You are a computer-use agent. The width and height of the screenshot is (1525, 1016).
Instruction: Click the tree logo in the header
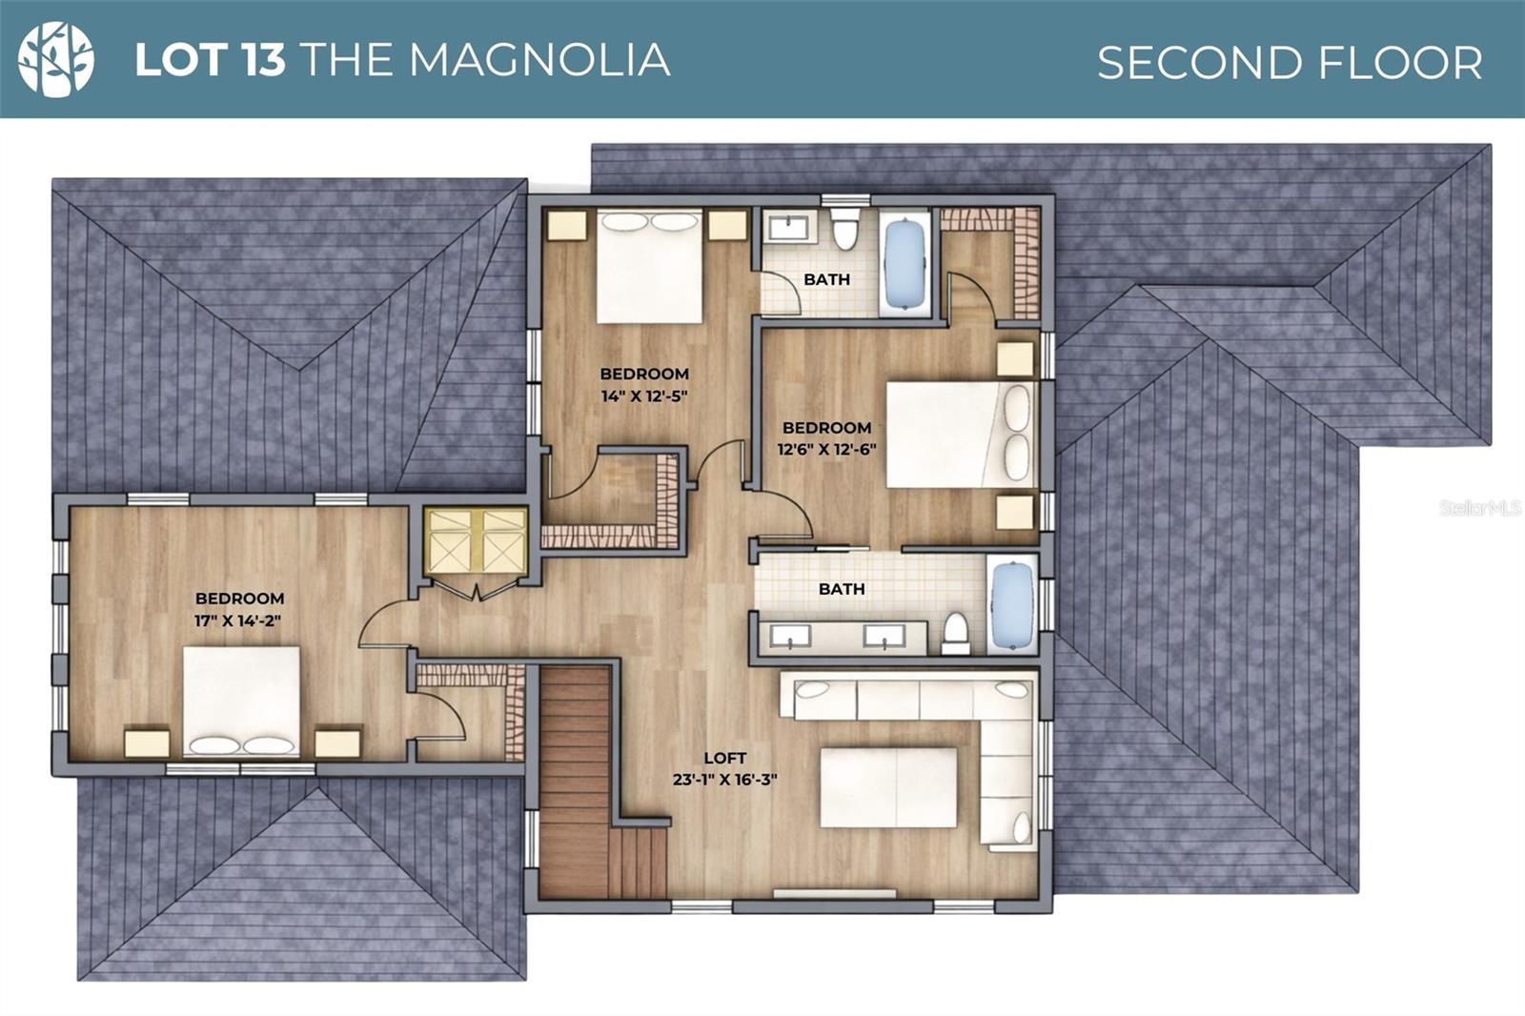click(x=56, y=59)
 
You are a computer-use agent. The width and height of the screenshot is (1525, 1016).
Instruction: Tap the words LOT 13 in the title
click(x=210, y=59)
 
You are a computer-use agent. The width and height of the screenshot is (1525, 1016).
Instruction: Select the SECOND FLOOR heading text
click(x=1289, y=63)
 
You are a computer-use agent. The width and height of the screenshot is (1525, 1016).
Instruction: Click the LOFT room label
click(x=724, y=758)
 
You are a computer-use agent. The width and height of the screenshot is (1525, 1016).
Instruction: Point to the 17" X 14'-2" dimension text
click(x=238, y=620)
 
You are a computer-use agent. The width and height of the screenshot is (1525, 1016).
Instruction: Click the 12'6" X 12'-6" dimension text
click(x=826, y=449)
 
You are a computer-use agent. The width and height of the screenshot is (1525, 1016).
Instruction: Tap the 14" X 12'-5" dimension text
click(x=644, y=396)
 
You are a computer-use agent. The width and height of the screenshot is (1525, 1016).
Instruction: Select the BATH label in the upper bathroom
click(x=826, y=279)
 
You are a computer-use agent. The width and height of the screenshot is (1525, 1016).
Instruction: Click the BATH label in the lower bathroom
click(x=842, y=589)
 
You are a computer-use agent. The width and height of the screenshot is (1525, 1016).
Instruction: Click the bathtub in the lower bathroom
click(x=1012, y=606)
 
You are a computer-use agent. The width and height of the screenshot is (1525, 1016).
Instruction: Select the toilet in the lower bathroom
click(x=955, y=633)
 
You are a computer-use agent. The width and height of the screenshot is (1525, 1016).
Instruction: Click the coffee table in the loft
click(x=888, y=787)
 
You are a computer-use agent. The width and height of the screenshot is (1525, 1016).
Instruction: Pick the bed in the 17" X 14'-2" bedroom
click(x=241, y=701)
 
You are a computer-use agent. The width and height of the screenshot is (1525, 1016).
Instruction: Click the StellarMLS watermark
click(x=1478, y=508)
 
